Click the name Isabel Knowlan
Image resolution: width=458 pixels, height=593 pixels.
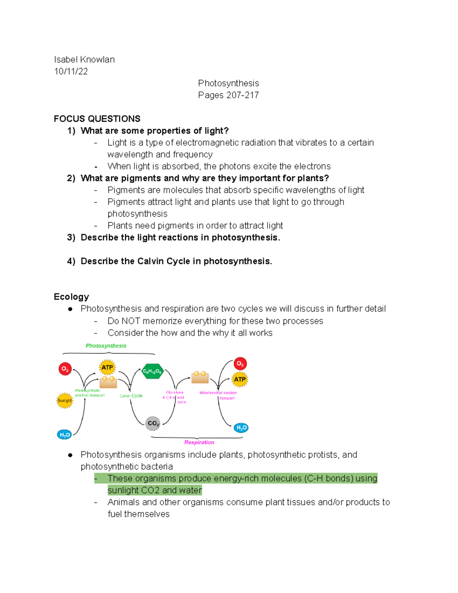[84, 60]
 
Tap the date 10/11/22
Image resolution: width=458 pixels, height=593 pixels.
[71, 71]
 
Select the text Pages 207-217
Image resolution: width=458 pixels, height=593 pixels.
[228, 95]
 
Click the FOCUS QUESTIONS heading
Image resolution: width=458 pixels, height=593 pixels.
[97, 119]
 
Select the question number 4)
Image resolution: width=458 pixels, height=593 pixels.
[71, 261]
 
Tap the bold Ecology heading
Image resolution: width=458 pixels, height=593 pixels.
[71, 297]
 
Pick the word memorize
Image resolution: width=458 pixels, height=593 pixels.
[162, 321]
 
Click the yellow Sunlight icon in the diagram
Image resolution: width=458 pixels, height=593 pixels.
[65, 401]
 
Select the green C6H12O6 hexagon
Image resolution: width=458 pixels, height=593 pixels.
[152, 371]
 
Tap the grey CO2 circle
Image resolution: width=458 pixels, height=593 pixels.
[153, 423]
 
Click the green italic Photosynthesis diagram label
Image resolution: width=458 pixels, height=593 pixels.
[106, 346]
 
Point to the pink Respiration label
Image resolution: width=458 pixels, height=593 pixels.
[199, 442]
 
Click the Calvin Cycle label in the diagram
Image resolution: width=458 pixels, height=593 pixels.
[131, 396]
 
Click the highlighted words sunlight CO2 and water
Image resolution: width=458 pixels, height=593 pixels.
[155, 490]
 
